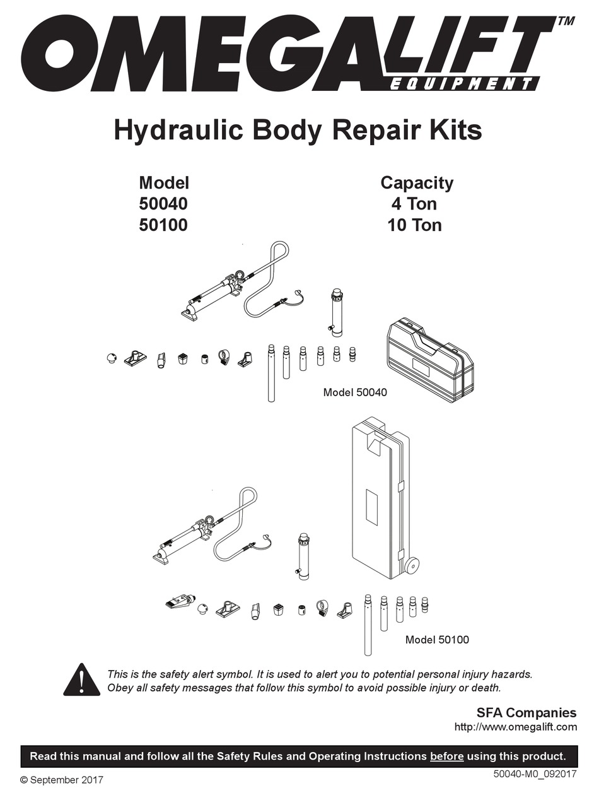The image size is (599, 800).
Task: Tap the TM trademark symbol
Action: coord(565,20)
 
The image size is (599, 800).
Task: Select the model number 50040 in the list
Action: coord(163,204)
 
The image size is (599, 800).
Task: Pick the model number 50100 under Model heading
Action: coord(163,225)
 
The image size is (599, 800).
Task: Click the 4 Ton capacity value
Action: coord(414,204)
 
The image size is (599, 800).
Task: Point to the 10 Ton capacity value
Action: coord(414,225)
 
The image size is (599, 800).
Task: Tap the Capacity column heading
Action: coord(416,183)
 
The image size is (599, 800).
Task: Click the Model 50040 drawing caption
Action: coord(355,392)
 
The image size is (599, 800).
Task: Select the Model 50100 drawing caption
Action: coord(437,640)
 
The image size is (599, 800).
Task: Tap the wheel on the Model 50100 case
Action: coord(413,565)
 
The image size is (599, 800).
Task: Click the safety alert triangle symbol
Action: coord(81,680)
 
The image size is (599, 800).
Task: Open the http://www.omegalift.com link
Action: coord(515,727)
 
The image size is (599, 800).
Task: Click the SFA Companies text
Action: coord(526,713)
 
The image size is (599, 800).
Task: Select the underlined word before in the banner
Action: coord(446,756)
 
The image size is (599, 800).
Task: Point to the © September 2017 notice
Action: coord(62,780)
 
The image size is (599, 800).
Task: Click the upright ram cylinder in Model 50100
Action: coord(303,555)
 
